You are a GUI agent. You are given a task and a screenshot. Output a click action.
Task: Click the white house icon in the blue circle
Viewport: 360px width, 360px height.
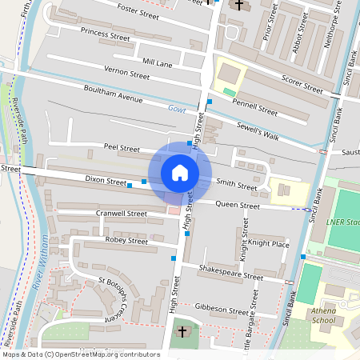tap(180, 172)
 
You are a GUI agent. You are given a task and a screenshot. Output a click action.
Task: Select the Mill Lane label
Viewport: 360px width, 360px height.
tap(157, 62)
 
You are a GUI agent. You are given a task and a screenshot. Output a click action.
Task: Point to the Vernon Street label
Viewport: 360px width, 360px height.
tap(126, 74)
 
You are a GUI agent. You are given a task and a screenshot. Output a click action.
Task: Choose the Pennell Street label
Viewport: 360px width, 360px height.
tap(257, 108)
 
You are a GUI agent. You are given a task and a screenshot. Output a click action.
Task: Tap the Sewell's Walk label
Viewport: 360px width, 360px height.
tap(258, 132)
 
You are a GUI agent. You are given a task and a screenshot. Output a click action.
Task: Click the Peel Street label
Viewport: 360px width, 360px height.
tap(122, 148)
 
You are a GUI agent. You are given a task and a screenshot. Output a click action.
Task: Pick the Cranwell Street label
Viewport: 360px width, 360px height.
tap(121, 214)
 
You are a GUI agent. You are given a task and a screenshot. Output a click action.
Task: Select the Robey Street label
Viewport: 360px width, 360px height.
tap(126, 240)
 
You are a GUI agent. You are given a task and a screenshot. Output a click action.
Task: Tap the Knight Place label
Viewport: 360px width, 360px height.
tap(269, 243)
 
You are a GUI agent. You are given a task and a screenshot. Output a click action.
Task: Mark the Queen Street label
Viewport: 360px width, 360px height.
tap(238, 206)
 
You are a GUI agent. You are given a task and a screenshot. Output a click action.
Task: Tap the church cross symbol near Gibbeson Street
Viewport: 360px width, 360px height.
tap(182, 331)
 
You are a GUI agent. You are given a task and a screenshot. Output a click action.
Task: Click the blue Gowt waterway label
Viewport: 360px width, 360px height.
tap(176, 108)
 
